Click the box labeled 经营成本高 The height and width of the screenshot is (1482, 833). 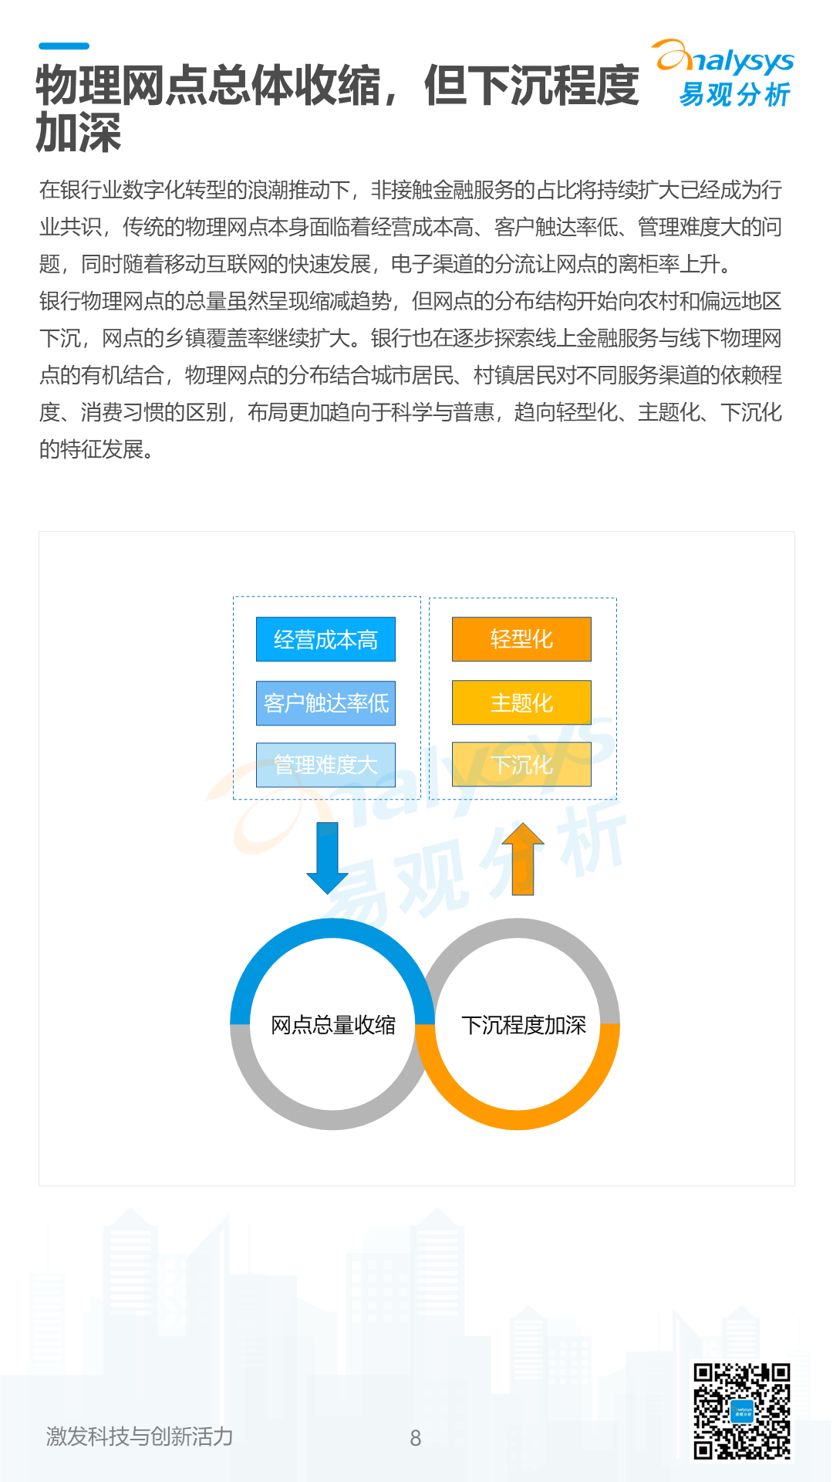coord(325,639)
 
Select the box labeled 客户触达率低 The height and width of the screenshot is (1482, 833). coord(325,702)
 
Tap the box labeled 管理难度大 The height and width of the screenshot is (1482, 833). coord(325,765)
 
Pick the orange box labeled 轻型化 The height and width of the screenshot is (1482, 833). coord(521,639)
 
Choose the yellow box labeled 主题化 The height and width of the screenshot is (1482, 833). coord(521,702)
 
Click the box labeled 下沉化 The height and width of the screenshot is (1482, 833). coord(521,765)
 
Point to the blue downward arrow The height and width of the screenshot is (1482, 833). coord(327,858)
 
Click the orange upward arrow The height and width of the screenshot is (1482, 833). coord(523,858)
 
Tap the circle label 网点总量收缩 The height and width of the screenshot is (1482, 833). coord(333,1025)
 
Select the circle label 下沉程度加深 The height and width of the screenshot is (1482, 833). coord(524,1025)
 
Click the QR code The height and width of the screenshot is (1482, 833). coord(741,1412)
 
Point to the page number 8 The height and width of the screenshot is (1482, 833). coord(416,1438)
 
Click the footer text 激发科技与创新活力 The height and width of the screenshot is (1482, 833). coord(140,1436)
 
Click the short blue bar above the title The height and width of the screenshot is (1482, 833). coord(64,46)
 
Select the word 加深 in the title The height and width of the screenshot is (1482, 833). coord(79,133)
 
